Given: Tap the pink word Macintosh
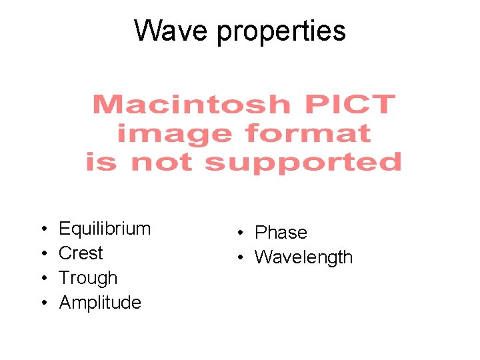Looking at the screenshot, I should tap(191, 105).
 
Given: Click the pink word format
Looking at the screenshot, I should tap(308, 133).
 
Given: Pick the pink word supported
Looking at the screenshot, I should tap(303, 162).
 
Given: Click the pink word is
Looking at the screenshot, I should tap(101, 162).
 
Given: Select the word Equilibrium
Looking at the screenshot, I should tap(105, 229).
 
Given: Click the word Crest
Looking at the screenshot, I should tap(81, 253).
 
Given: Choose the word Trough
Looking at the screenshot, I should tap(88, 278).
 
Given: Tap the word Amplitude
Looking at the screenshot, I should tap(100, 303).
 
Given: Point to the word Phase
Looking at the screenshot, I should tap(281, 233).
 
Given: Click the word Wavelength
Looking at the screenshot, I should tap(303, 257).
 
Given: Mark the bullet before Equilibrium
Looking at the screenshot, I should tap(43, 229).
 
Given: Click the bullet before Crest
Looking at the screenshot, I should tap(43, 254).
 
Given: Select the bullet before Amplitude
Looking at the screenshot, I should tap(43, 303).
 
